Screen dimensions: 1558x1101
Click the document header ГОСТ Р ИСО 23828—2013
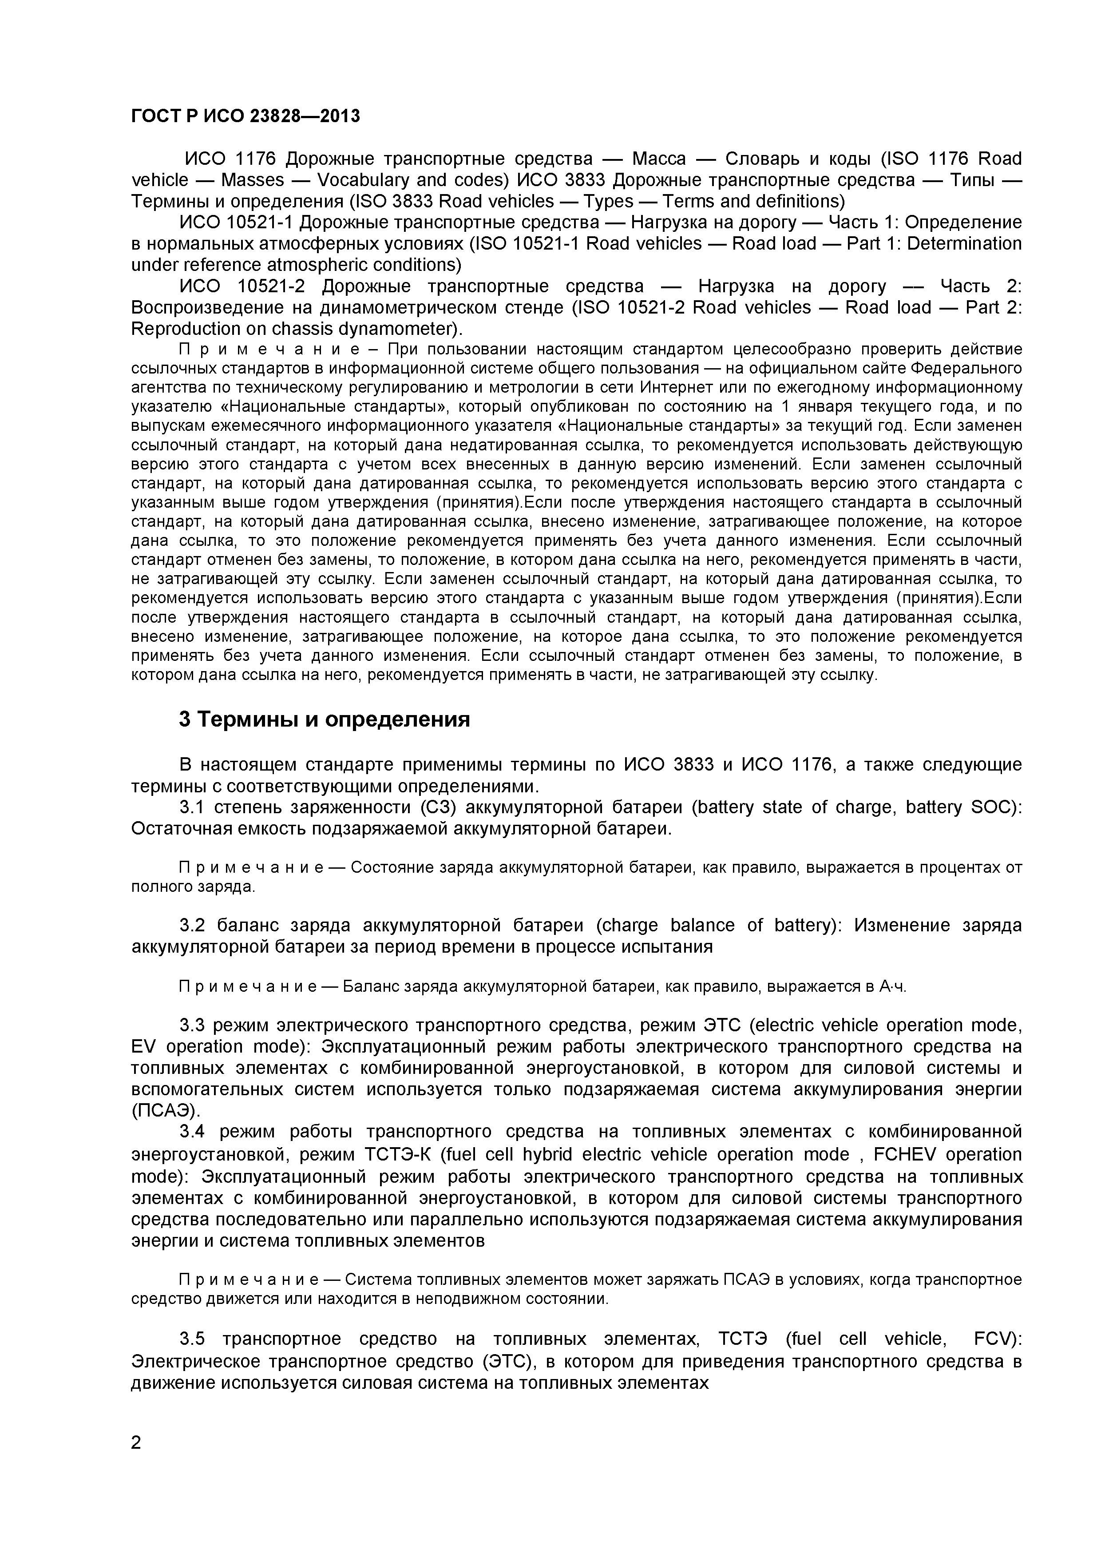[x=245, y=117]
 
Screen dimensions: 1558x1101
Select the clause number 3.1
[x=193, y=807]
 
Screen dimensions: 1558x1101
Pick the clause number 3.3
[x=193, y=1025]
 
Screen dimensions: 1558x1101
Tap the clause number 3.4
[x=193, y=1132]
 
